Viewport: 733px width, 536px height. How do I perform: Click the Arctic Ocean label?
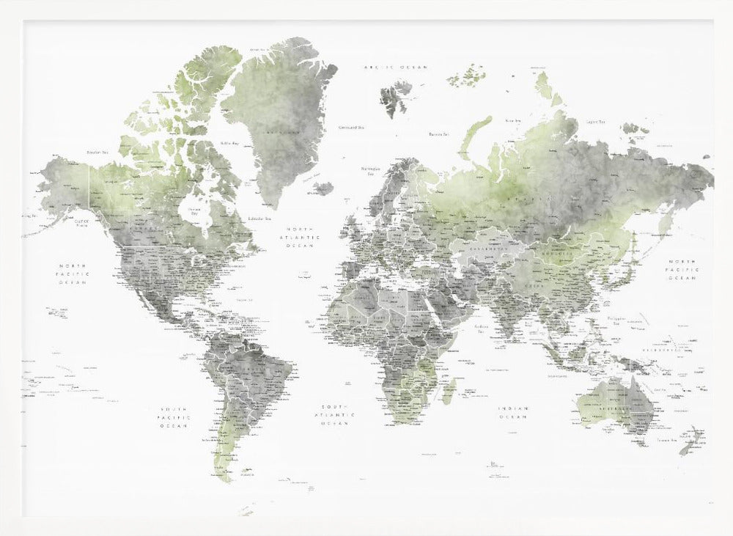[396, 67]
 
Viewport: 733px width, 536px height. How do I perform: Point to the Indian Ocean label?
[514, 413]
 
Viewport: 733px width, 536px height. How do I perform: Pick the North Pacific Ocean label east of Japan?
[682, 270]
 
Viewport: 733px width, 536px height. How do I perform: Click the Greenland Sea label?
[352, 128]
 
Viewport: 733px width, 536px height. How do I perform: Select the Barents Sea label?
[438, 134]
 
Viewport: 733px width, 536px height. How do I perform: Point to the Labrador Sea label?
[259, 219]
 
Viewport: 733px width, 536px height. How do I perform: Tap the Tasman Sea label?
[666, 439]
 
